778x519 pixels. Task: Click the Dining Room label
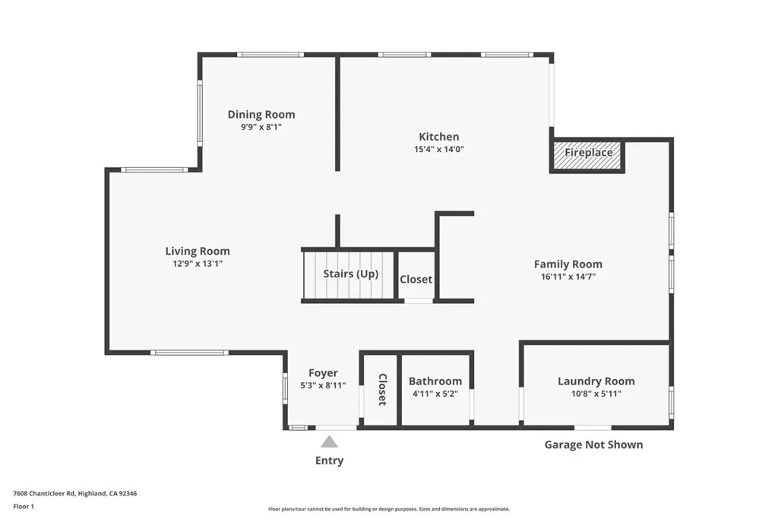tap(261, 115)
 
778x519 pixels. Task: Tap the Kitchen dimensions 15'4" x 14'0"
tap(438, 150)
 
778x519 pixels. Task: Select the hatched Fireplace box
tap(587, 153)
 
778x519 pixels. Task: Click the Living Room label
tap(198, 252)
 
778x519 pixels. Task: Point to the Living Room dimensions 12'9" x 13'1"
tap(198, 264)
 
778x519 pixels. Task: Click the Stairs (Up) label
tap(350, 274)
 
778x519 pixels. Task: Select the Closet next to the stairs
tap(416, 280)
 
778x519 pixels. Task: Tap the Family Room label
tap(568, 264)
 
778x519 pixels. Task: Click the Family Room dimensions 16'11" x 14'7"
tap(568, 277)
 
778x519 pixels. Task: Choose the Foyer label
tap(323, 373)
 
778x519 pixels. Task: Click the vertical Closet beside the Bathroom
tap(382, 389)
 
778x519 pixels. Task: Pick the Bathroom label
tap(435, 381)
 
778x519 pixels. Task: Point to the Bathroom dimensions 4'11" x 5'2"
tap(435, 394)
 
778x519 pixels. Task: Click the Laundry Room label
tap(596, 381)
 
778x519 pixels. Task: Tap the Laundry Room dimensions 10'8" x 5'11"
tap(596, 394)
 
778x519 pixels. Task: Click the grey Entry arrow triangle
tap(329, 441)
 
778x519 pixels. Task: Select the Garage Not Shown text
tap(593, 445)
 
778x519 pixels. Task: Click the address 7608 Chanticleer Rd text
tap(75, 493)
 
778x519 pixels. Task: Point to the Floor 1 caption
tap(25, 506)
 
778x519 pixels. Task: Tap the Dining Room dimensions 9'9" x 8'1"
tap(261, 128)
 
